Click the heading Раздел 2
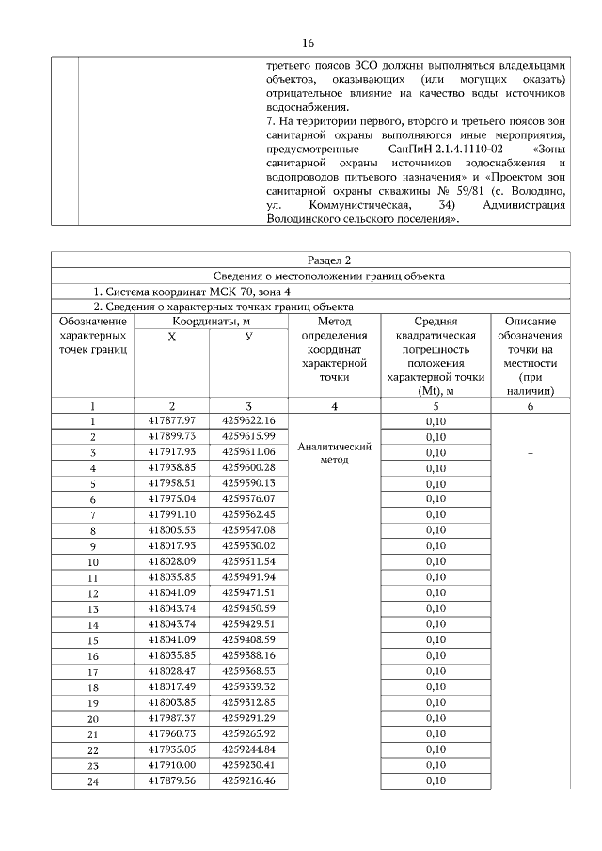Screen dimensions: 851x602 326,260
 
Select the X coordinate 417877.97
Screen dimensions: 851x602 171,419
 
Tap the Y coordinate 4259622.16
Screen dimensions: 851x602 248,419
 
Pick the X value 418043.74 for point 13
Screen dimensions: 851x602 171,607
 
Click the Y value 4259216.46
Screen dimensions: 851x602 248,780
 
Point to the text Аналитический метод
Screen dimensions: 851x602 335,453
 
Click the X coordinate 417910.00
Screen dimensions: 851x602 171,764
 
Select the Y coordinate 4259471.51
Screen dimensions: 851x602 248,592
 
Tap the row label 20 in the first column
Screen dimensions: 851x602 93,717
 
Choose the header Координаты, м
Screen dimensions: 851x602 210,321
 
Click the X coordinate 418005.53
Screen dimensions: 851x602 171,529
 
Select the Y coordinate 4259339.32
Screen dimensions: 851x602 248,686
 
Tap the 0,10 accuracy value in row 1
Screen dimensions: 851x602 435,420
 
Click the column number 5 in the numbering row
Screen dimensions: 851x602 435,405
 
